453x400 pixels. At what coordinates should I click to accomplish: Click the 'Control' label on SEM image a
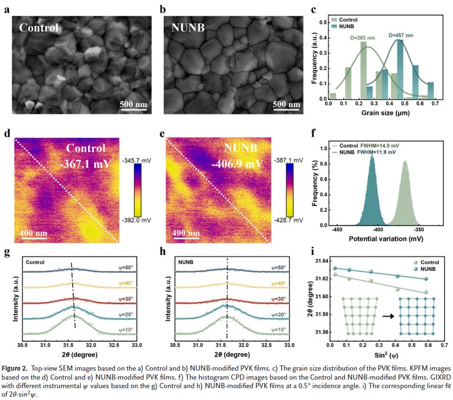click(x=39, y=27)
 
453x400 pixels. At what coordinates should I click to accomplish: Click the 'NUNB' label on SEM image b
click(x=188, y=27)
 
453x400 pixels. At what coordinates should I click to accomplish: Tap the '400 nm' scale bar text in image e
click(x=185, y=233)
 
